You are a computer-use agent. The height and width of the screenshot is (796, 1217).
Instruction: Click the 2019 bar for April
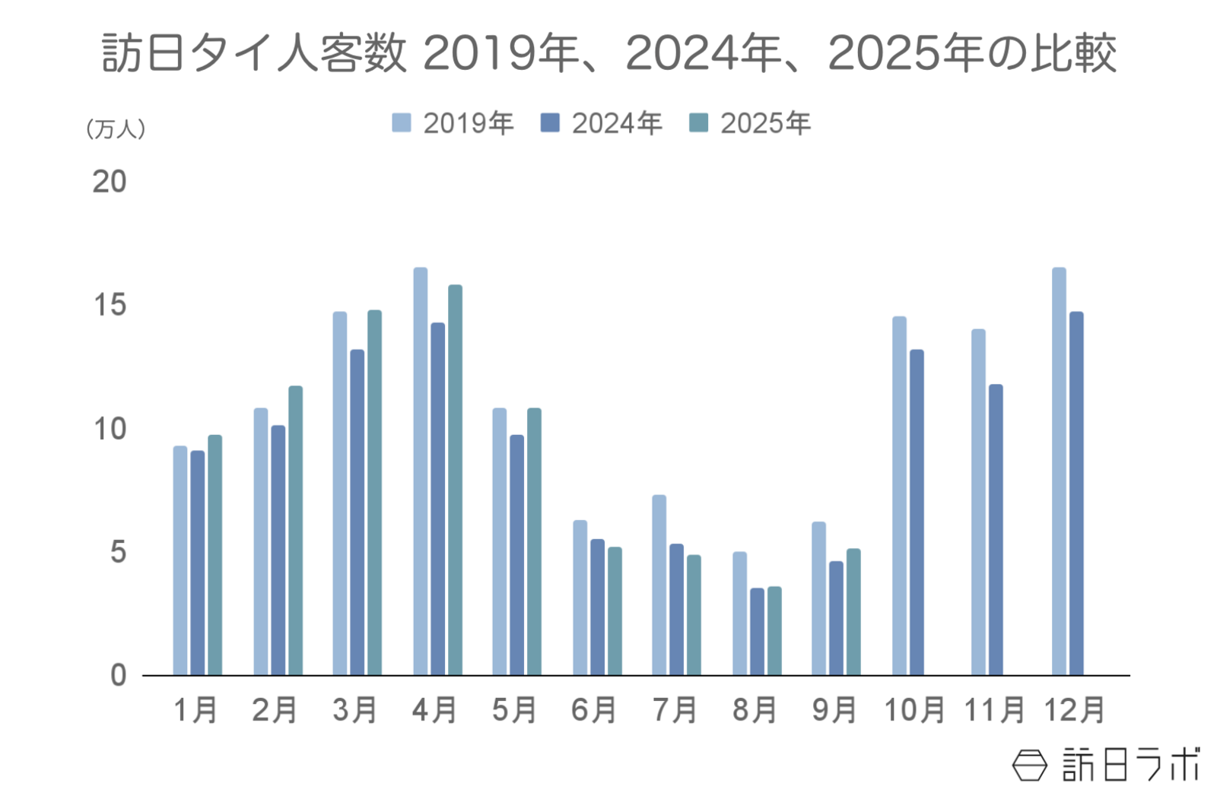[420, 471]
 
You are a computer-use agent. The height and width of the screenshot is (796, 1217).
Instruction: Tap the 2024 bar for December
[1076, 493]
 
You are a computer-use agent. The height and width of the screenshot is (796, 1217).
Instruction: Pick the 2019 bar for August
[739, 614]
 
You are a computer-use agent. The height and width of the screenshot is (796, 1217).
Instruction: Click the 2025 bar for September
[853, 612]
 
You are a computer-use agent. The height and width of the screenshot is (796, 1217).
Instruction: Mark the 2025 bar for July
[694, 615]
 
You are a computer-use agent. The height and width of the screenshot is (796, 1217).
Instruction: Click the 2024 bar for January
[197, 563]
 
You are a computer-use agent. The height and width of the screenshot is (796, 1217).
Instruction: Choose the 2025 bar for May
[534, 541]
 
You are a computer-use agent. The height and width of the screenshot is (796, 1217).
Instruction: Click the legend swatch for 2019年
[401, 123]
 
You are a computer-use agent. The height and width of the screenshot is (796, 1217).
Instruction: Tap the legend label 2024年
[616, 123]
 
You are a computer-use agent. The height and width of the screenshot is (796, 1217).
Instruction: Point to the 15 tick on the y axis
[110, 306]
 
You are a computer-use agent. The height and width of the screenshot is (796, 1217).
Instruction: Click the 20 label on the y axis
[110, 182]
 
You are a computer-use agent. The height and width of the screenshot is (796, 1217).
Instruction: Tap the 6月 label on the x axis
[593, 710]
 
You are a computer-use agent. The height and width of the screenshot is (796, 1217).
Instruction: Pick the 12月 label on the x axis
[1073, 710]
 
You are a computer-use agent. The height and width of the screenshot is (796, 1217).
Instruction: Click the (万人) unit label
[116, 128]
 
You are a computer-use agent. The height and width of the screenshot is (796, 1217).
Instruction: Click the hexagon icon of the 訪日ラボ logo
[1029, 765]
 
